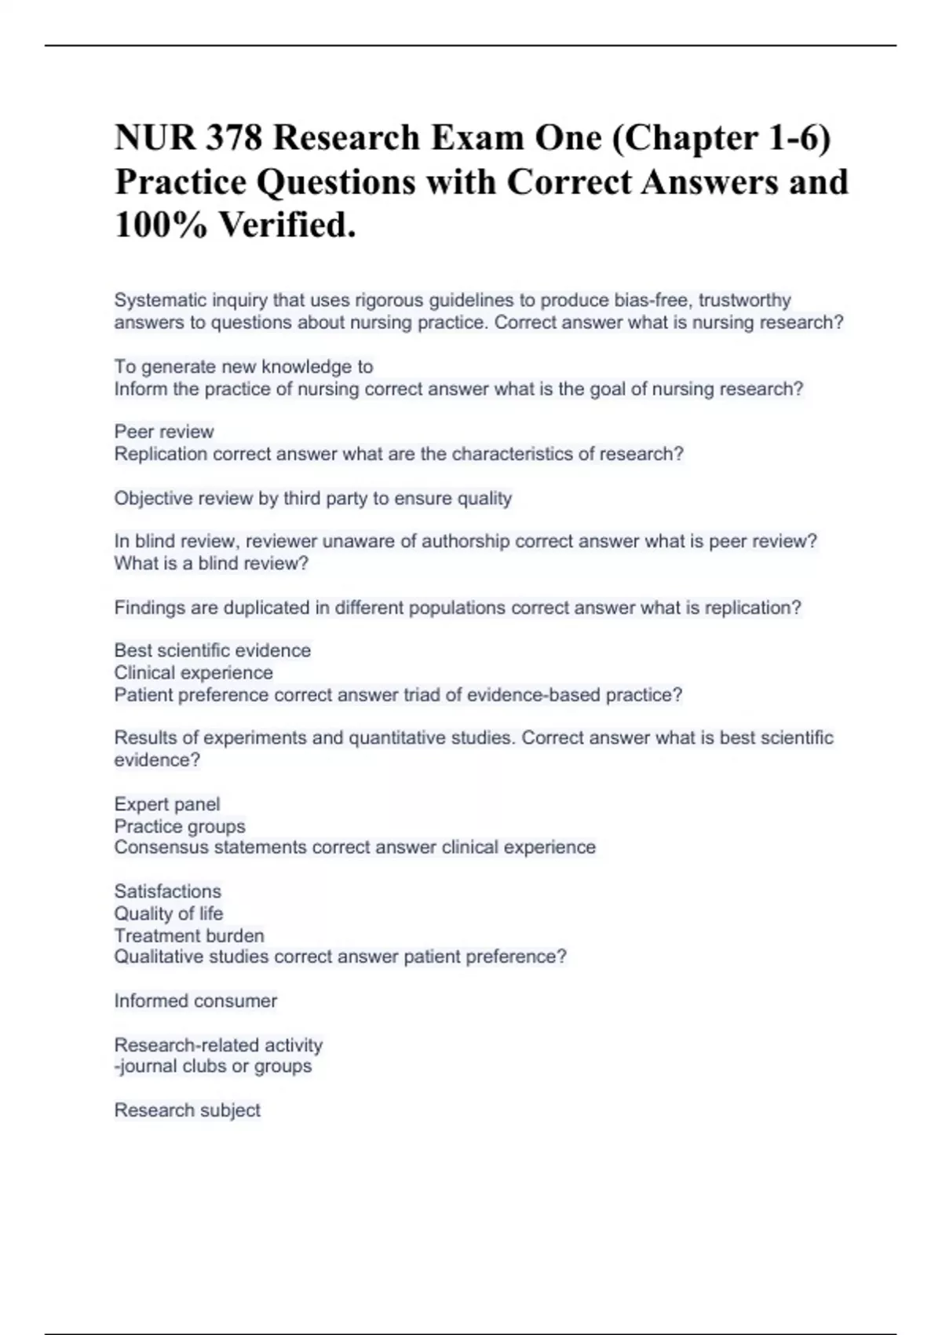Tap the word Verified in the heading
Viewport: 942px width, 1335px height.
point(286,225)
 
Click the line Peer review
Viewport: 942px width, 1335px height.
point(163,431)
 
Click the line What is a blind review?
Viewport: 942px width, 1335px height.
point(211,563)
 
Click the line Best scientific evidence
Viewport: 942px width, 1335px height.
point(212,650)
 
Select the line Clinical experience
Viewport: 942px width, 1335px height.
point(193,672)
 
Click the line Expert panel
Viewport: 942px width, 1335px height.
point(166,804)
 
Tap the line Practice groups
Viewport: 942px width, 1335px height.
point(179,826)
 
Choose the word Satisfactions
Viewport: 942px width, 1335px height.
point(167,891)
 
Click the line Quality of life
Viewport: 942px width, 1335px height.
point(168,913)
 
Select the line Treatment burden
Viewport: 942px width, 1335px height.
point(188,935)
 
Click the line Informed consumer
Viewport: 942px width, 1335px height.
point(195,1000)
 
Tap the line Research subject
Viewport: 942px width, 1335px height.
point(187,1110)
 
